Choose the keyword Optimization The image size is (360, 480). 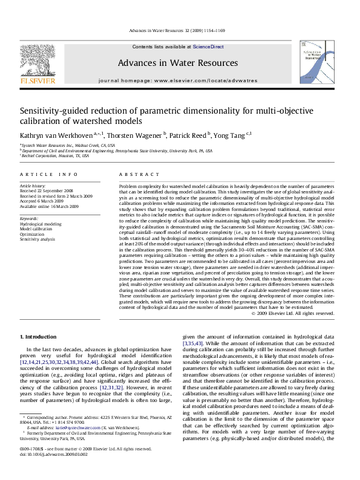click(31, 234)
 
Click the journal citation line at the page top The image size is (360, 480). click(180, 31)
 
